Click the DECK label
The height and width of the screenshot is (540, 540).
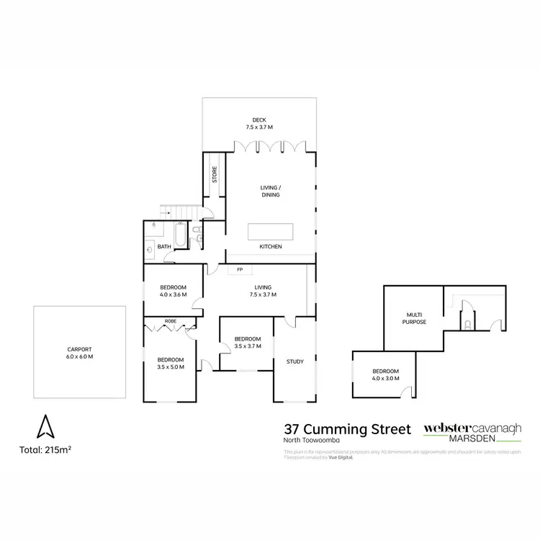click(x=258, y=120)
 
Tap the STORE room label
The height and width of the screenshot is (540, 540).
click(x=214, y=174)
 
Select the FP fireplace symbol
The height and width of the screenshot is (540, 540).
click(x=239, y=270)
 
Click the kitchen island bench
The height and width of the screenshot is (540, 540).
click(x=271, y=232)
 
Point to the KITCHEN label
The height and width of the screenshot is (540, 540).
click(x=271, y=248)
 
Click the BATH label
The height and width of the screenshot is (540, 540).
click(x=164, y=247)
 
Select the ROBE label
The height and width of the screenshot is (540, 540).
click(x=171, y=321)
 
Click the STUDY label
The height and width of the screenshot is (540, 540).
click(x=294, y=361)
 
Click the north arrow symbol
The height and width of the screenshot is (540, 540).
click(x=45, y=427)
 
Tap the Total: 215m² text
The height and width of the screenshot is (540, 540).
click(x=45, y=451)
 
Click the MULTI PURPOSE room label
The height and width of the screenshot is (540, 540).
click(x=415, y=318)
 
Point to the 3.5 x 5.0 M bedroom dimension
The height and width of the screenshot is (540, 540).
click(x=171, y=367)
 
